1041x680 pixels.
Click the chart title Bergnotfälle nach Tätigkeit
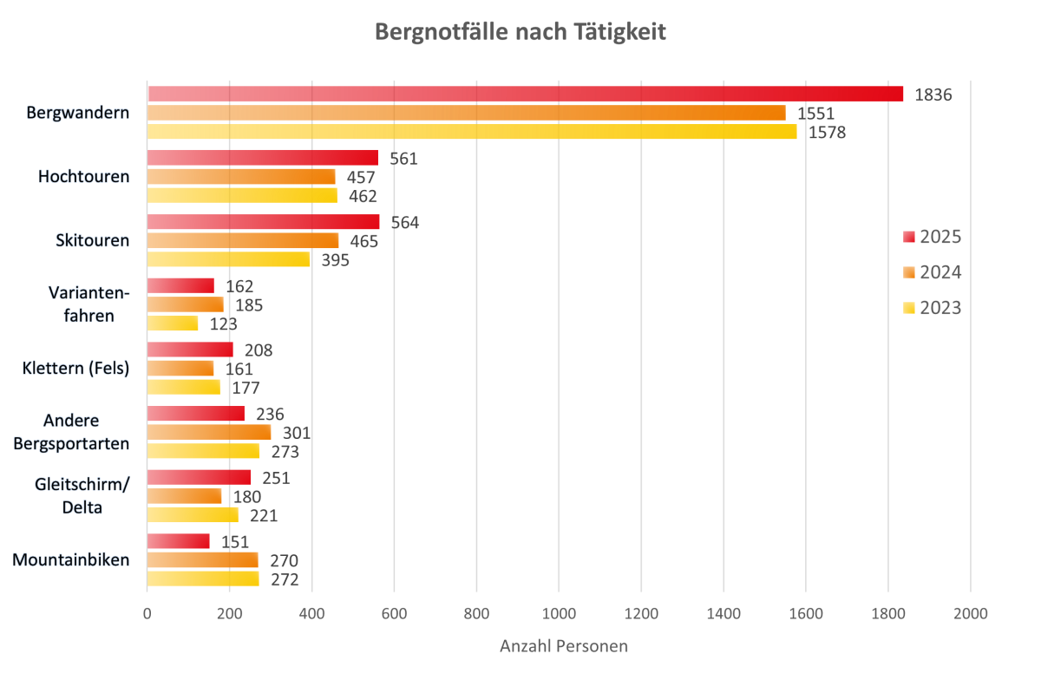pyautogui.click(x=520, y=32)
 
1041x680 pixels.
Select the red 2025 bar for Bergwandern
pyautogui.click(x=525, y=94)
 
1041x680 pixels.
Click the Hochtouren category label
pyautogui.click(x=83, y=177)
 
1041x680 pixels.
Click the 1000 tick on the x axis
pyautogui.click(x=559, y=614)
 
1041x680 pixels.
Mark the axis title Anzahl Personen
pyautogui.click(x=564, y=647)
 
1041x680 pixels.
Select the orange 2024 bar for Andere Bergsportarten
pyautogui.click(x=208, y=432)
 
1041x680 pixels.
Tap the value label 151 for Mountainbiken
pyautogui.click(x=234, y=542)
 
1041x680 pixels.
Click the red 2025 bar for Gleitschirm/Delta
pyautogui.click(x=199, y=478)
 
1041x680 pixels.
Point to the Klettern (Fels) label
pyautogui.click(x=75, y=369)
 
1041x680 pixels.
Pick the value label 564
pyautogui.click(x=404, y=223)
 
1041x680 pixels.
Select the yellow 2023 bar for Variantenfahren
pyautogui.click(x=173, y=324)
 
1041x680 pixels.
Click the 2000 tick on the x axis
pyautogui.click(x=970, y=614)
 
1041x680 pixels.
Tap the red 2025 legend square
pyautogui.click(x=908, y=238)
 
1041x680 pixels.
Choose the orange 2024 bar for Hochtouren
pyautogui.click(x=240, y=177)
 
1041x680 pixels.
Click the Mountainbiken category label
pyautogui.click(x=71, y=559)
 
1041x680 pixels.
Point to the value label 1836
pyautogui.click(x=933, y=95)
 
